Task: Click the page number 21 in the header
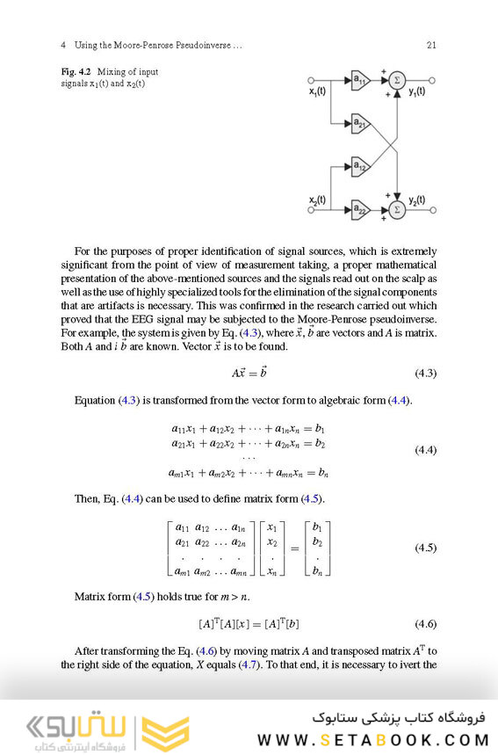[x=430, y=45]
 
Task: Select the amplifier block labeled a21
[x=360, y=122]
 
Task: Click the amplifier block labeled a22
[x=360, y=208]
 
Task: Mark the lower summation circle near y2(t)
[x=397, y=208]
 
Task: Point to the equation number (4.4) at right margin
[x=425, y=450]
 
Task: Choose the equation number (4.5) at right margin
[x=425, y=548]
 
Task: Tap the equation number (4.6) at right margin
[x=425, y=623]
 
